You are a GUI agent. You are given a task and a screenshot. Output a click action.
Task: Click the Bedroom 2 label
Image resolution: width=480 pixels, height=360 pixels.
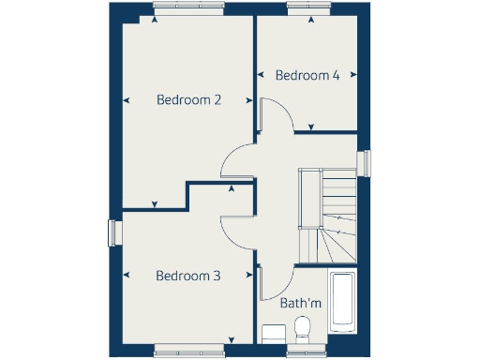[188, 99]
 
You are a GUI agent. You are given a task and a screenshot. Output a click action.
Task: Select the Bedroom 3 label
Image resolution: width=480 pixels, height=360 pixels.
[188, 276]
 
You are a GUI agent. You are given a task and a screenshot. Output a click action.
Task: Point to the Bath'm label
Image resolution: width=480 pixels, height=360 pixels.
[301, 303]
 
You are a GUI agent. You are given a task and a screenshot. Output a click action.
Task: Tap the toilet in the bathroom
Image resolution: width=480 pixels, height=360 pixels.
[302, 330]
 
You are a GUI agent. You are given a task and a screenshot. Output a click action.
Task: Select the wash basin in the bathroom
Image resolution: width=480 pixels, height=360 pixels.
[273, 334]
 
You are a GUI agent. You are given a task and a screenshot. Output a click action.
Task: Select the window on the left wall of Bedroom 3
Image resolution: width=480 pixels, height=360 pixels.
[113, 232]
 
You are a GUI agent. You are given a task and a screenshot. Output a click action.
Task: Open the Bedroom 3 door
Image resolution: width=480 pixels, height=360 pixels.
[235, 230]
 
